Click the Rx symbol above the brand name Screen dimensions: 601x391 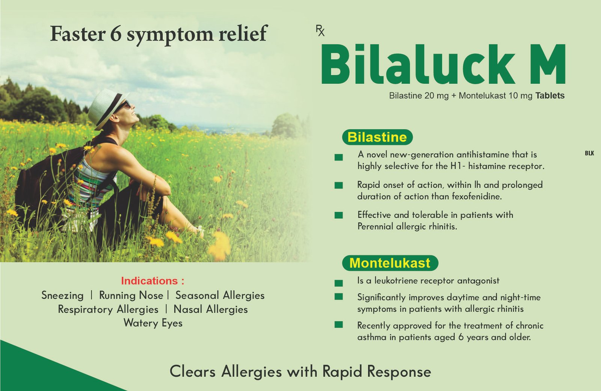coord(320,30)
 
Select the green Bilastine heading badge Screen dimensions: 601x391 coord(377,137)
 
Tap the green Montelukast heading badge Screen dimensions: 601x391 coord(390,263)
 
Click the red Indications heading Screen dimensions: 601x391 coord(153,281)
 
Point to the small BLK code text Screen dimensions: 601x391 coord(589,153)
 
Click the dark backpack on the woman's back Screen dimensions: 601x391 coord(45,185)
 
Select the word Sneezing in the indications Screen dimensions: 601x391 coord(62,296)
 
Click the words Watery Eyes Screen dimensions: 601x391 coord(153,323)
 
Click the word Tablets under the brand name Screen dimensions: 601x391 coord(550,95)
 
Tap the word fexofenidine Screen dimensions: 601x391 coord(477,196)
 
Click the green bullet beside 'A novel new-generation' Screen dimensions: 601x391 coord(338,157)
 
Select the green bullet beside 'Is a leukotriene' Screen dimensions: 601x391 coord(338,283)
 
